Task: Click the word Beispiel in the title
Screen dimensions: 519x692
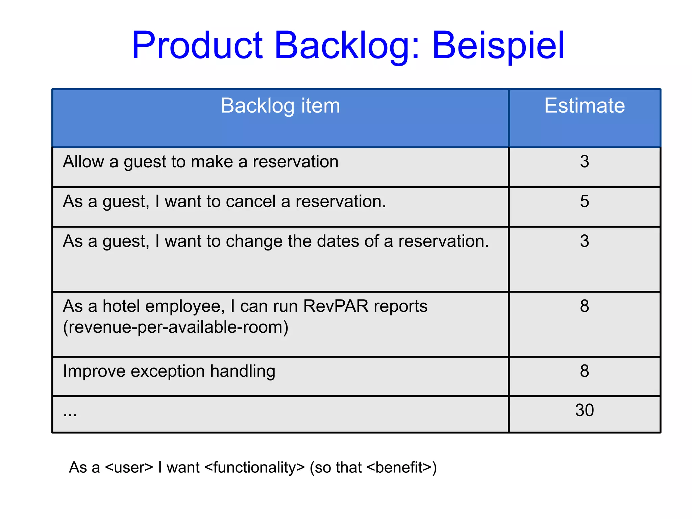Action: [498, 46]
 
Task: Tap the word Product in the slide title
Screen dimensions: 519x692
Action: [197, 46]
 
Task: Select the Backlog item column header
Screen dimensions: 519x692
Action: [280, 105]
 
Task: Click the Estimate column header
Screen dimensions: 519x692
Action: [584, 105]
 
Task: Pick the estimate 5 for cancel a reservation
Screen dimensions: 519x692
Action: [584, 202]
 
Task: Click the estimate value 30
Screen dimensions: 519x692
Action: [584, 410]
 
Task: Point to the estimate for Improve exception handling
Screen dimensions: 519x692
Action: [584, 371]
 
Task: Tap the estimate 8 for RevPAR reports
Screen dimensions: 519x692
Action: [584, 306]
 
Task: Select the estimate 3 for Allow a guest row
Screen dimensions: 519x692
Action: [584, 162]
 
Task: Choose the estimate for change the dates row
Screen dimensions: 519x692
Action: [584, 241]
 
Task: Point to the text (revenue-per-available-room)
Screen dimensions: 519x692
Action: [175, 327]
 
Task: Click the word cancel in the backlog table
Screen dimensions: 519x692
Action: [251, 202]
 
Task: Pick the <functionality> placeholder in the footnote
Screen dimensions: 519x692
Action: [255, 468]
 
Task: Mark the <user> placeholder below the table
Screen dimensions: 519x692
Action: [129, 468]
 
